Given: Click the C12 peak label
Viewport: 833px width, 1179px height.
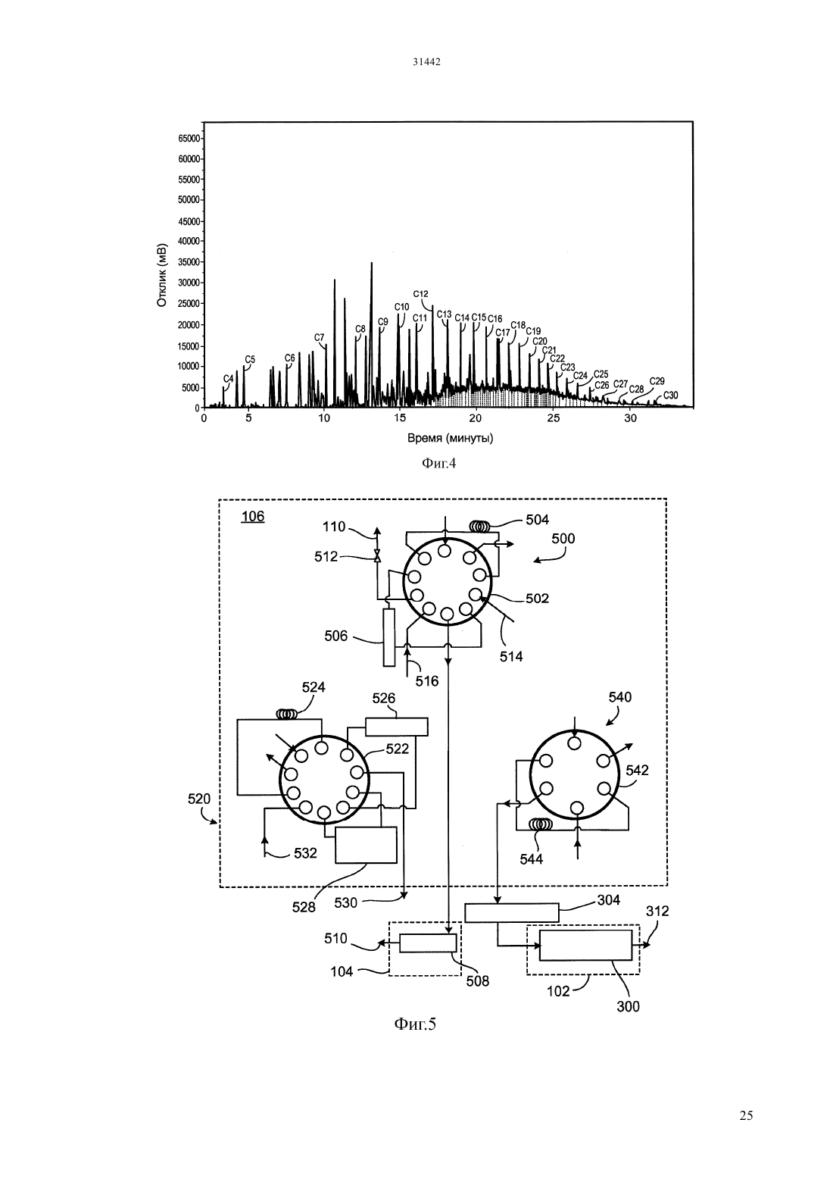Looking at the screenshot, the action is coord(421,294).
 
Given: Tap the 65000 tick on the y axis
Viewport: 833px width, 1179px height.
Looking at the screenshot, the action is coord(189,139).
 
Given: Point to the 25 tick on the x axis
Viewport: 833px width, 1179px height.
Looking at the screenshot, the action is coord(553,418).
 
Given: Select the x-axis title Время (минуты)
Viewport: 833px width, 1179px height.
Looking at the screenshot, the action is coord(450,438).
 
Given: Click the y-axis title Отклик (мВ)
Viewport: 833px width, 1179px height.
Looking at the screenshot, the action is coord(162,275).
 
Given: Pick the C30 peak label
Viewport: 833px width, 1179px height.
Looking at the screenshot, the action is coord(670,396).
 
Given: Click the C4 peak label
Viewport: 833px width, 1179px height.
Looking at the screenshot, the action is coord(228,379).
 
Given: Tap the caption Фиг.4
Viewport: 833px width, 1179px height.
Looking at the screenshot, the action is coord(439,464).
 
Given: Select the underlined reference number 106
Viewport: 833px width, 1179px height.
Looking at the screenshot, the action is coord(253,516).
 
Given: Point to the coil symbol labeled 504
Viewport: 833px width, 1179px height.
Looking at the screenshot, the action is coord(480,526).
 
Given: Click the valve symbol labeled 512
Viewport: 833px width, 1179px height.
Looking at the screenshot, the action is coord(376,556).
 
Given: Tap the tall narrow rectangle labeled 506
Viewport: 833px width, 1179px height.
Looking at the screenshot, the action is coord(389,637).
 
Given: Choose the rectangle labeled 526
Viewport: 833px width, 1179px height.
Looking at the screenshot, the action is coord(397,727).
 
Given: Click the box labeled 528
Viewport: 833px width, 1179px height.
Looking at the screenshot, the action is coord(366,845).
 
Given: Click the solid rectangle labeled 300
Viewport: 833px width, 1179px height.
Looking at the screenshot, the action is coord(586,946).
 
